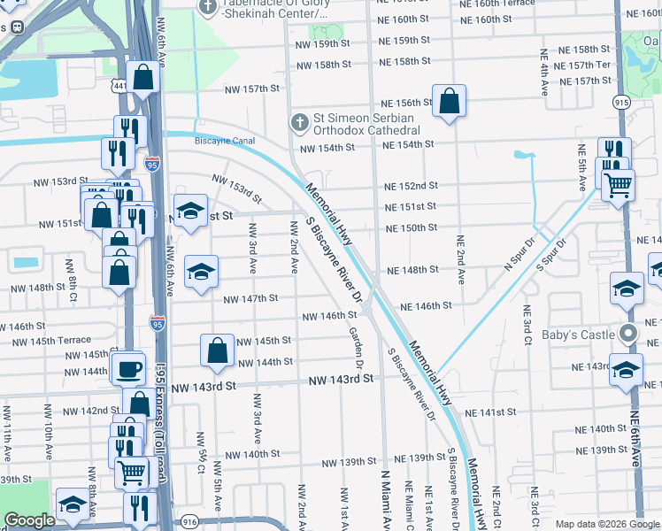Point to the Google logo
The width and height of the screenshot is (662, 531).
[29, 520]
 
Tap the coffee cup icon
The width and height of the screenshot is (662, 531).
[128, 367]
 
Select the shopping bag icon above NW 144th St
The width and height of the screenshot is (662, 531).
[218, 350]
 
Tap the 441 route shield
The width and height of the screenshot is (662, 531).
[118, 84]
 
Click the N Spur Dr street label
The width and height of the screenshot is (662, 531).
[521, 252]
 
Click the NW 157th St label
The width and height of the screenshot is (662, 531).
[250, 88]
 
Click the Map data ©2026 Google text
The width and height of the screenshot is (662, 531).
[606, 524]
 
